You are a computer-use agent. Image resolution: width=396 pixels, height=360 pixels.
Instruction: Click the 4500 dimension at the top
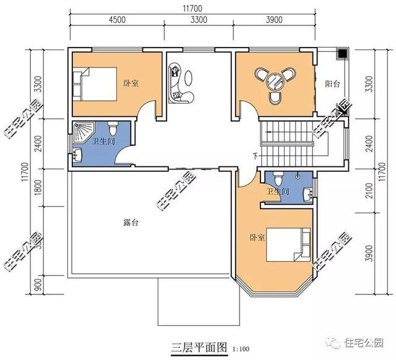(x=118, y=20)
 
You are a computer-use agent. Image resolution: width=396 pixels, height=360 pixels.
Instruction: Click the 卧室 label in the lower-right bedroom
(x=257, y=236)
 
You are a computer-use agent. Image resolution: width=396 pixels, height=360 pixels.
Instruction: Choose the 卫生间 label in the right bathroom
(x=278, y=192)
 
